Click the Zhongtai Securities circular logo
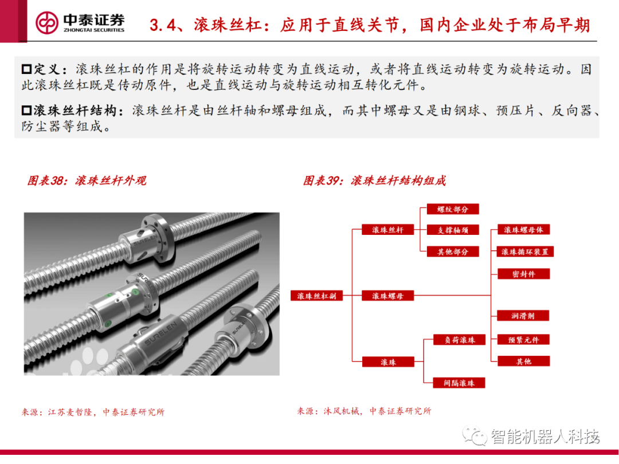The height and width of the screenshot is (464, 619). pyautogui.click(x=47, y=22)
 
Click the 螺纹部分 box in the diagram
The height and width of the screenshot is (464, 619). pyautogui.click(x=453, y=209)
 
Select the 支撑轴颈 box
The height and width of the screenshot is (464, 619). pyautogui.click(x=453, y=230)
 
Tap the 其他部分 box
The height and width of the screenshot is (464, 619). pyautogui.click(x=453, y=251)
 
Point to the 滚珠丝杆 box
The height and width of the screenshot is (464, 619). pyautogui.click(x=387, y=230)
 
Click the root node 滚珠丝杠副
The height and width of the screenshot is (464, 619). pyautogui.click(x=316, y=296)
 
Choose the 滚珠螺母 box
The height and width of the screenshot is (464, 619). pyautogui.click(x=387, y=296)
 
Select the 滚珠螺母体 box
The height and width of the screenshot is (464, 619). pyautogui.click(x=523, y=230)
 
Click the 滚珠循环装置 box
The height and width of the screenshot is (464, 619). pyautogui.click(x=525, y=251)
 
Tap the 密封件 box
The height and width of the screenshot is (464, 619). pyautogui.click(x=523, y=274)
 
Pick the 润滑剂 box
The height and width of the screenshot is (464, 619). pyautogui.click(x=523, y=316)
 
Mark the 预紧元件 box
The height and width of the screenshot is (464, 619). pyautogui.click(x=523, y=340)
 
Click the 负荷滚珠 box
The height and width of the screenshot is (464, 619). pyautogui.click(x=460, y=340)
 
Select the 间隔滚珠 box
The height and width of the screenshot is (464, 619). pyautogui.click(x=459, y=383)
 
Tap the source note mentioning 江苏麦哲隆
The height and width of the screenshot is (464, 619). pyautogui.click(x=93, y=412)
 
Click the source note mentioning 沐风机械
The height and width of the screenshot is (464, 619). pyautogui.click(x=364, y=411)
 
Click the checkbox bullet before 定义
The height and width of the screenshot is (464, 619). pyautogui.click(x=26, y=69)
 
